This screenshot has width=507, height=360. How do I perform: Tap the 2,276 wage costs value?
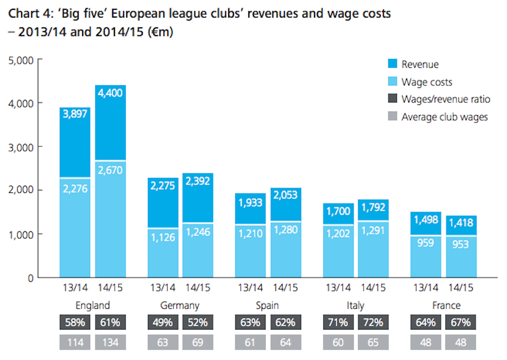[75, 189]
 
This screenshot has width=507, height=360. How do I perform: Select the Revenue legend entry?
[420, 64]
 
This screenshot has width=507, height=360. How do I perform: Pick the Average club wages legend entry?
[444, 117]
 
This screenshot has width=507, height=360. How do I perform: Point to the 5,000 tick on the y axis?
[21, 60]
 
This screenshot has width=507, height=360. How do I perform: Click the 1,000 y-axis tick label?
[21, 234]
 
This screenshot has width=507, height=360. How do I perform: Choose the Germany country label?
[180, 305]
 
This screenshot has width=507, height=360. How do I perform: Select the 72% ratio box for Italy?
[374, 322]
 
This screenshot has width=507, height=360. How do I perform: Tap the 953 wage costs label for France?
[461, 244]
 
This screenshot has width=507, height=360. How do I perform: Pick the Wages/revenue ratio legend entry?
[445, 99]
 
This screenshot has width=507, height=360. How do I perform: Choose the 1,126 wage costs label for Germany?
[163, 237]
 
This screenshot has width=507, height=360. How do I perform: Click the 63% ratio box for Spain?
[251, 322]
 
